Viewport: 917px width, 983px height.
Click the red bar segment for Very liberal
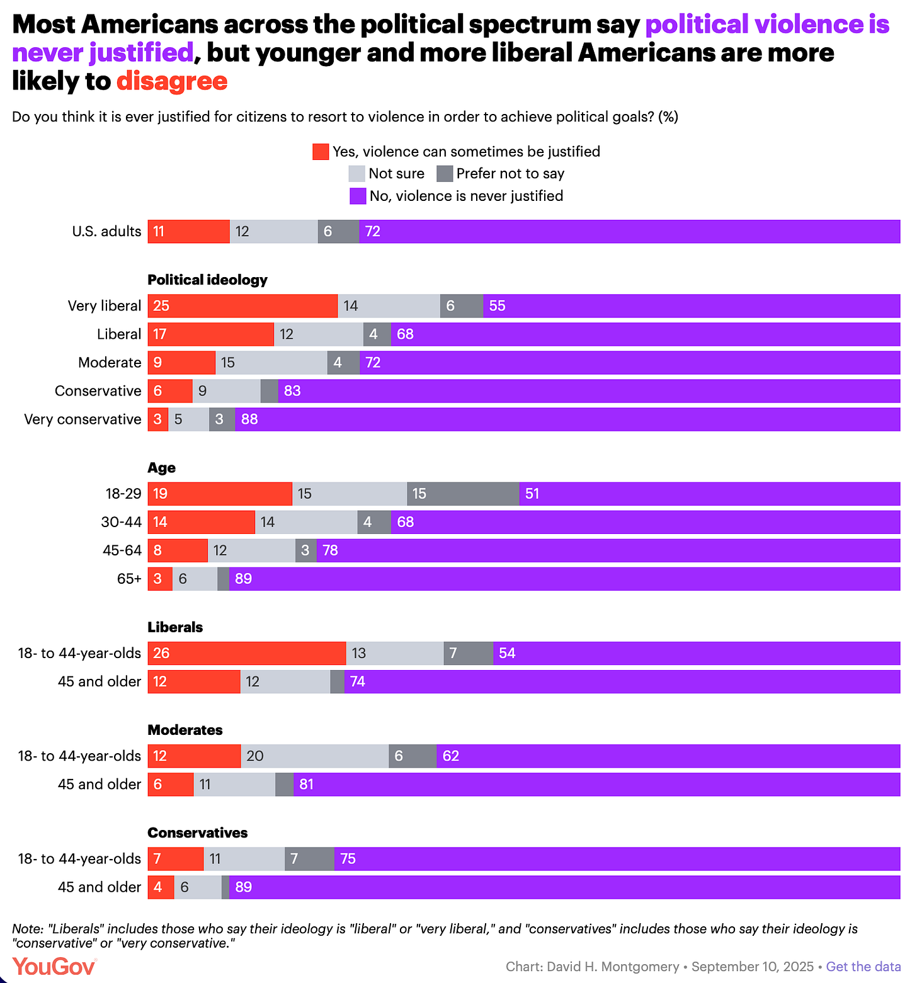242,306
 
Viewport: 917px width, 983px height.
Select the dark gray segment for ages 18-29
463,494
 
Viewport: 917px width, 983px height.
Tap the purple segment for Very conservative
567,419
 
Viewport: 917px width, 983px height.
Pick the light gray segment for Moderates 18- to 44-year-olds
314,756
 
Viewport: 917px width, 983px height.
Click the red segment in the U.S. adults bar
188,232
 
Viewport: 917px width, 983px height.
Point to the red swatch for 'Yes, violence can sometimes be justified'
321,152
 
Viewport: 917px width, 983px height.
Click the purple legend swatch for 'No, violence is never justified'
358,196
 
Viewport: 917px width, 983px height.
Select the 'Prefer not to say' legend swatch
445,174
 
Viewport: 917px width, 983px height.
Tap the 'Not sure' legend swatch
356,174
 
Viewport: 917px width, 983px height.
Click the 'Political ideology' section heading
207,280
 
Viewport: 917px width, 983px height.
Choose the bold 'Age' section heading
161,468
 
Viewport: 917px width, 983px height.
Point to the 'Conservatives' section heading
197,832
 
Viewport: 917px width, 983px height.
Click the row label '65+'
129,579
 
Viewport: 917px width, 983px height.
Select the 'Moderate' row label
110,363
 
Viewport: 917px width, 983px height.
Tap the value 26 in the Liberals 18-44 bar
161,653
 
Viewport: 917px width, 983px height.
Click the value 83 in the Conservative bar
292,391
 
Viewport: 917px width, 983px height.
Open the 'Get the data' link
863,967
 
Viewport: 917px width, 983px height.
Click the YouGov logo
54,966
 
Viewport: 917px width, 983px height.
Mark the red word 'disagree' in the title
171,81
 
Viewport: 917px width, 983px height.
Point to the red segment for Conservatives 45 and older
161,887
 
